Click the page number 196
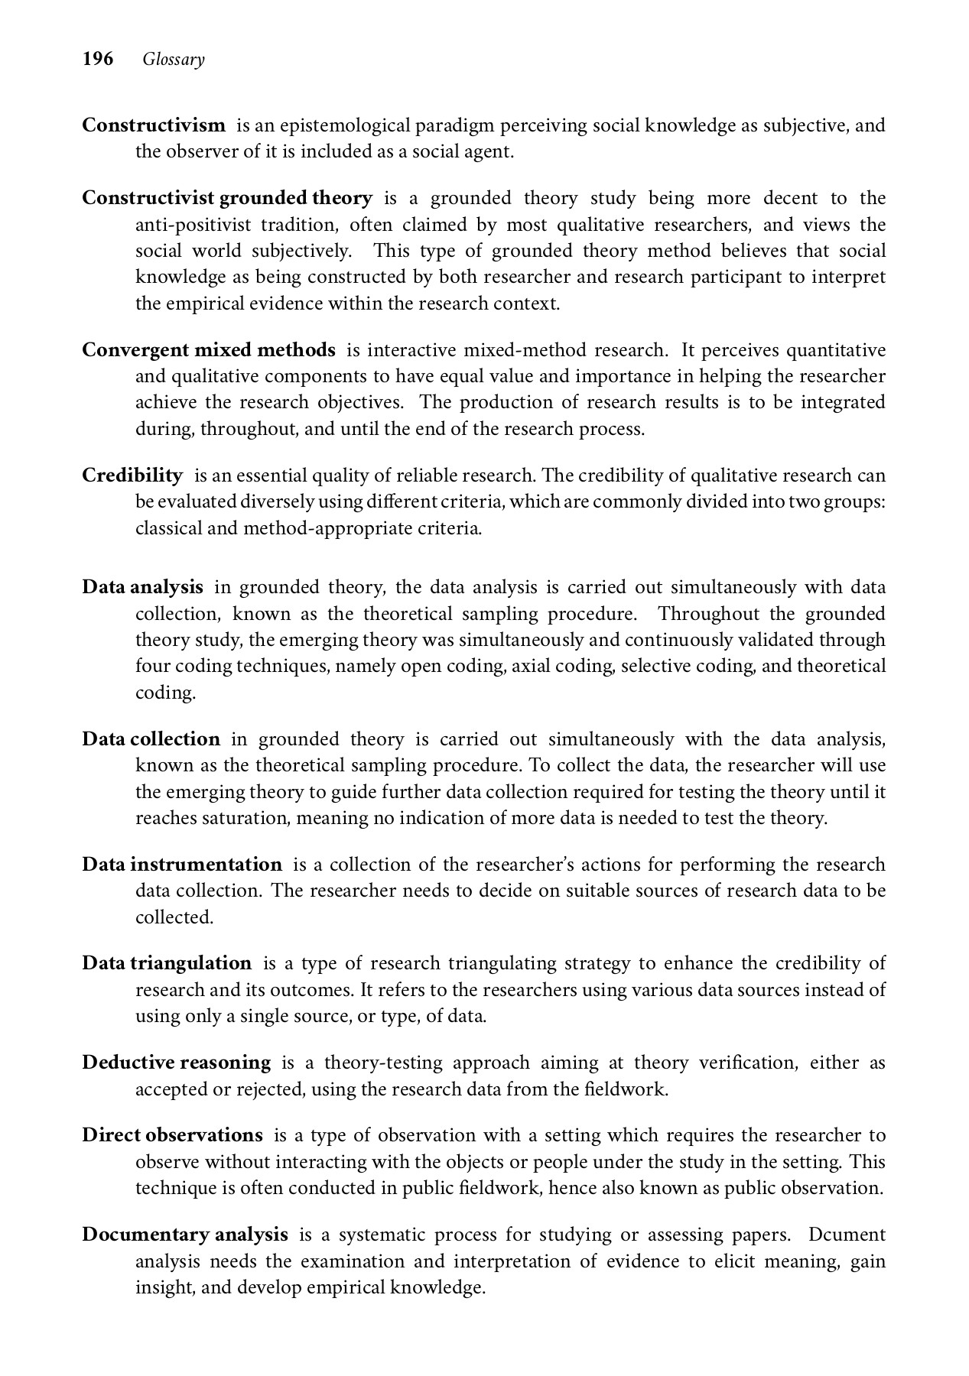[98, 59]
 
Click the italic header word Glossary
[174, 60]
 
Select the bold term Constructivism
[154, 125]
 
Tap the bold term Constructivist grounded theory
[227, 198]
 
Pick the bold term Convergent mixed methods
[209, 350]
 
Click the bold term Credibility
[132, 475]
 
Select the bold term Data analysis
[143, 587]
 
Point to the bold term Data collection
[151, 739]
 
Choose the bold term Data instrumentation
[183, 865]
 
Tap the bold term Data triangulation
[167, 963]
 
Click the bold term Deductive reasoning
[177, 1063]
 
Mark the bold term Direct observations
[173, 1135]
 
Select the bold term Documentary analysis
[185, 1235]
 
